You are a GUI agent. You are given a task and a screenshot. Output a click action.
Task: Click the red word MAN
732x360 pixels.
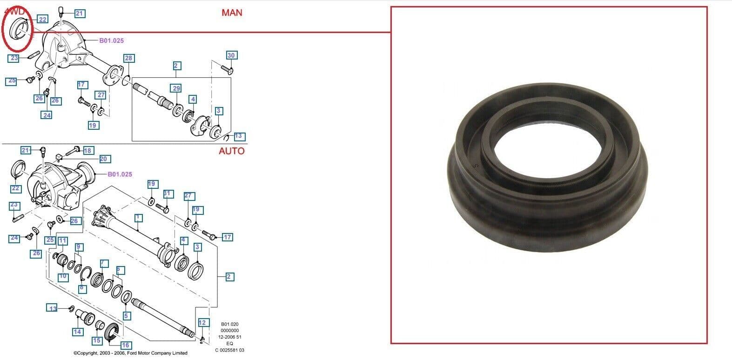(232, 13)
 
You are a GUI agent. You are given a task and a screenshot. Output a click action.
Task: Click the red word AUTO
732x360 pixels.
(231, 151)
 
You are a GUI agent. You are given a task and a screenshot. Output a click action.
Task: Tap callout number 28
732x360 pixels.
(128, 58)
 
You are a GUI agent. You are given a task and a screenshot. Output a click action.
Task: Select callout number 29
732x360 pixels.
(176, 88)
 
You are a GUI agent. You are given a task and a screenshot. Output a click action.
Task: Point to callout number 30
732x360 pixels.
(231, 55)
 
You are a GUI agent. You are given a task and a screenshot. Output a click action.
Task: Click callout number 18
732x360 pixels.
(87, 150)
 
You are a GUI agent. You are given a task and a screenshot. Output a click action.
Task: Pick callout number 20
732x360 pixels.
(103, 159)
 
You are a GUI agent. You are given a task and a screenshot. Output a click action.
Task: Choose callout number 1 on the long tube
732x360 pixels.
(138, 218)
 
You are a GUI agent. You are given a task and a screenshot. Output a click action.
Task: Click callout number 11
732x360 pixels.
(63, 241)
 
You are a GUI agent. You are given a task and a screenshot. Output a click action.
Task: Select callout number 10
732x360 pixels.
(63, 277)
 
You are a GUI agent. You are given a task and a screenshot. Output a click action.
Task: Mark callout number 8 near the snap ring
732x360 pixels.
(81, 288)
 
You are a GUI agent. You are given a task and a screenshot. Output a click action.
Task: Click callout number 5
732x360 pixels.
(126, 316)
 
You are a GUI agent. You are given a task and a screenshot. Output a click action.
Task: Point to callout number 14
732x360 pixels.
(77, 332)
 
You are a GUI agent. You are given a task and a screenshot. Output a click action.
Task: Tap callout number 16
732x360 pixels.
(125, 345)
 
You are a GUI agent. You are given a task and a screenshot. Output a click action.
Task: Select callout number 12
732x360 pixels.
(202, 322)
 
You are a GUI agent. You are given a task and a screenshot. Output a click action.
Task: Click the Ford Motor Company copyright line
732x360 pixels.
(130, 353)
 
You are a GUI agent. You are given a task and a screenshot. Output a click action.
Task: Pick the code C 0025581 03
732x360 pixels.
(229, 350)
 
